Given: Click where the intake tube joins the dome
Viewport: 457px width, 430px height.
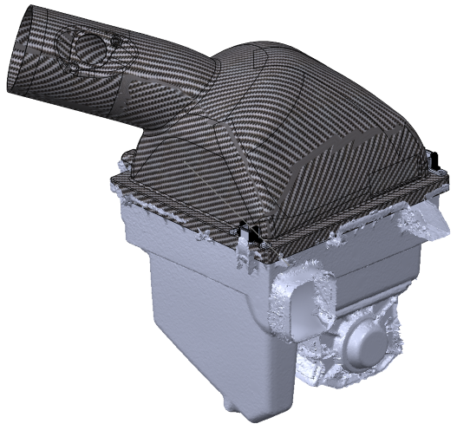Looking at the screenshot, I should (186, 95).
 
